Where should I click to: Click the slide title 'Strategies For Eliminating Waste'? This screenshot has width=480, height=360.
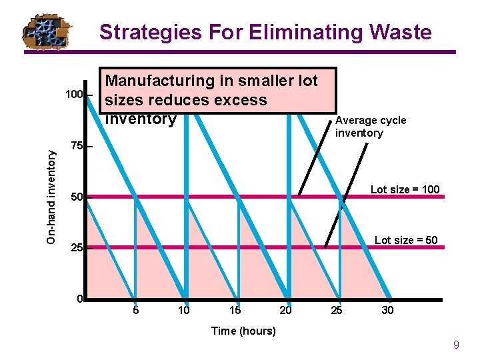click(265, 32)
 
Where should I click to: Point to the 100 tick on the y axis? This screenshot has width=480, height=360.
click(74, 95)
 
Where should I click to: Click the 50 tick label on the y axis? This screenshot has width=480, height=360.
click(77, 198)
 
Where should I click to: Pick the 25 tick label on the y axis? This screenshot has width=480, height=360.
click(77, 248)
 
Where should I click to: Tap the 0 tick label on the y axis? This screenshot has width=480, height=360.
click(79, 299)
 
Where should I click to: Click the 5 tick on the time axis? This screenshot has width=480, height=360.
click(135, 310)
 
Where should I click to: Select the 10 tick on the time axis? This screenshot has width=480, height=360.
click(183, 310)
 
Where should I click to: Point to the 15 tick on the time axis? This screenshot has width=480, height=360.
click(235, 310)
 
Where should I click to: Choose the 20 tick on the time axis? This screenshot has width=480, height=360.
click(286, 310)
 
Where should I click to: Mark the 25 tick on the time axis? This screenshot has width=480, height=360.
click(337, 310)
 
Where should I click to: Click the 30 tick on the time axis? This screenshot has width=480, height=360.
click(387, 310)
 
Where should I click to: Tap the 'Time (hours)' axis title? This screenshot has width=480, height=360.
click(243, 331)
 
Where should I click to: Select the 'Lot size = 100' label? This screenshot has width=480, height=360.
click(405, 189)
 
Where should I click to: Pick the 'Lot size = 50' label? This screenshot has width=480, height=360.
click(406, 240)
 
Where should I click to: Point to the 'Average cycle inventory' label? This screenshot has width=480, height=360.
click(371, 127)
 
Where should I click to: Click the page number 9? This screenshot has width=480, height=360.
click(456, 345)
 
